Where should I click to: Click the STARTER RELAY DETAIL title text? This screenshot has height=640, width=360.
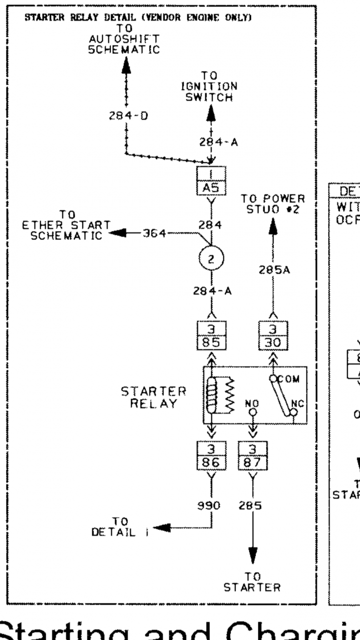click(137, 17)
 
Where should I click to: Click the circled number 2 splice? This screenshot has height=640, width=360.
click(210, 258)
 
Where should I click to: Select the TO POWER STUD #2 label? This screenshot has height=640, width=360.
click(272, 203)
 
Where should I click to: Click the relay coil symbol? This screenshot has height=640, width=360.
click(211, 394)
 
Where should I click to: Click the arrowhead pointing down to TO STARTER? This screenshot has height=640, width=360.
click(253, 556)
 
